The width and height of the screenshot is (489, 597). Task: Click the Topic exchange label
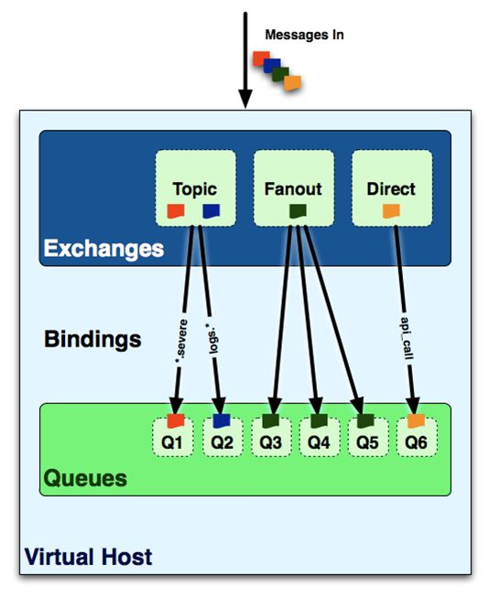point(195,189)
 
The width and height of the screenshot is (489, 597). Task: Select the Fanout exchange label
point(293,189)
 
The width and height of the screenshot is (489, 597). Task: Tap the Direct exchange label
point(391,189)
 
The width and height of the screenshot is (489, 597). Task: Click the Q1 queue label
point(172,442)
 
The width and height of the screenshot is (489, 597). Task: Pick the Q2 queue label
point(222,442)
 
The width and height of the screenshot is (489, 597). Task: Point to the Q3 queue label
point(270,442)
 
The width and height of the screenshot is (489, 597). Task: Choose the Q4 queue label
point(319,442)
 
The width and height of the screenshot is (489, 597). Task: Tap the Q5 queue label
point(367,442)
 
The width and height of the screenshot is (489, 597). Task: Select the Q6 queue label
point(416,442)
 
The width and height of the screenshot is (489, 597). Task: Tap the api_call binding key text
point(407,338)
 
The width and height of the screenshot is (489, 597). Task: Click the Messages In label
point(304,35)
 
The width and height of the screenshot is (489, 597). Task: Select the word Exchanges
point(103,249)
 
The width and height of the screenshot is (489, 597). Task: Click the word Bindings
point(92,339)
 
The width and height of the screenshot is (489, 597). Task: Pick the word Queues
point(85,478)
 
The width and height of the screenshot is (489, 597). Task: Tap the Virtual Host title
point(88,557)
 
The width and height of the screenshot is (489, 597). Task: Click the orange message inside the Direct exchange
point(391,211)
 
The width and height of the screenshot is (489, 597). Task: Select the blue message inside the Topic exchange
point(211,211)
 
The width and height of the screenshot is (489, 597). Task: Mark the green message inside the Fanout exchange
point(298,211)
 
